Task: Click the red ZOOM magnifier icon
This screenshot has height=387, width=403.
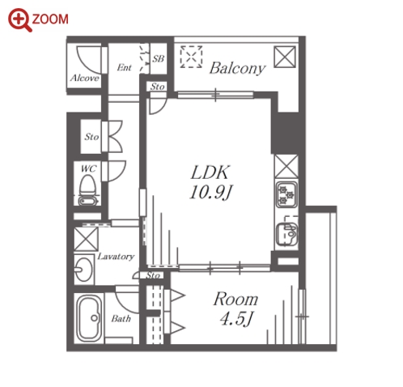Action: (x=20, y=20)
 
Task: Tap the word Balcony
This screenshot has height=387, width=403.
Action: (x=237, y=69)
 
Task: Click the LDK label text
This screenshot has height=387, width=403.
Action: (x=210, y=172)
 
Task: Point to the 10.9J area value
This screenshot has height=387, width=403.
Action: (x=211, y=193)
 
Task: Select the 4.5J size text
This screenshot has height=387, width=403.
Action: (x=236, y=319)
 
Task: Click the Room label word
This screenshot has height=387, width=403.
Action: (x=235, y=299)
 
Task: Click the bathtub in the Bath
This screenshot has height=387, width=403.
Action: (x=89, y=318)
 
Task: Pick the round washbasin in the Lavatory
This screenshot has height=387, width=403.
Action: (x=83, y=269)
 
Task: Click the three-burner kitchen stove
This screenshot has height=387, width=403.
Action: (x=286, y=194)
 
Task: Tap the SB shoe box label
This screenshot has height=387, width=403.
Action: (x=158, y=59)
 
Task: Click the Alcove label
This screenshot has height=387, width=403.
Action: (x=85, y=79)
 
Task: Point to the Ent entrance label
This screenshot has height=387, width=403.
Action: (x=124, y=67)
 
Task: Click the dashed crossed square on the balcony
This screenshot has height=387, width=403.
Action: (x=191, y=57)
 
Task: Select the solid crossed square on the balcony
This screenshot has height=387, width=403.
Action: (x=285, y=57)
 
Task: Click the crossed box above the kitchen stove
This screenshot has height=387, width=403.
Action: (x=286, y=167)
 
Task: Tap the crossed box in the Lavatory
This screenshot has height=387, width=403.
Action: (x=86, y=239)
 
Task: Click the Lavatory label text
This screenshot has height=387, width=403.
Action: (x=116, y=257)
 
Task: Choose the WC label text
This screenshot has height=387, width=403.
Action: (x=88, y=168)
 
